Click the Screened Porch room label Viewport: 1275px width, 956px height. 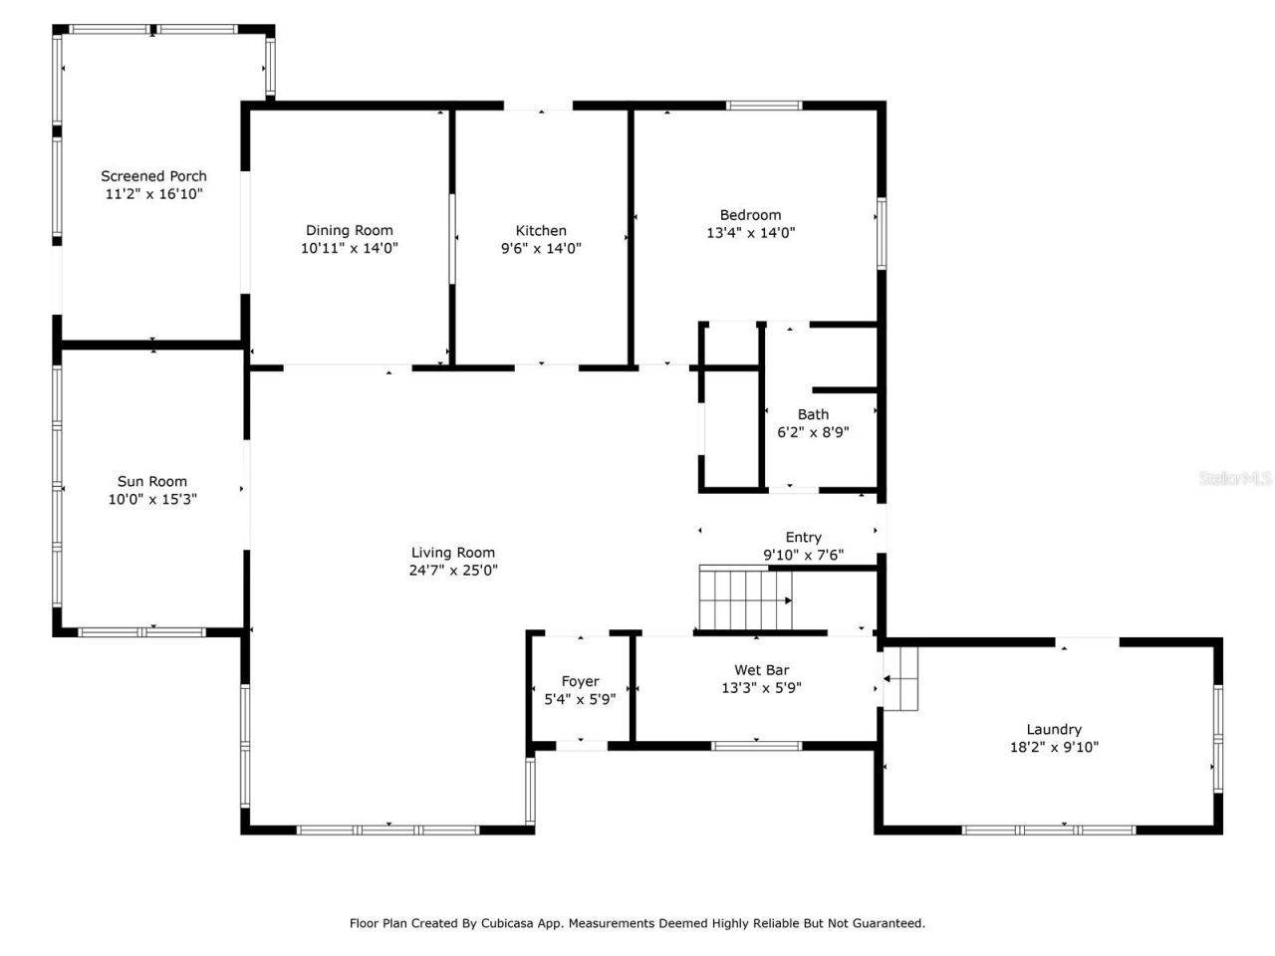click(153, 176)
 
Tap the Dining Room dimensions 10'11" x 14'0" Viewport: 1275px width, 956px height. click(350, 249)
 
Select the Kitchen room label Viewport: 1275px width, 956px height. click(541, 231)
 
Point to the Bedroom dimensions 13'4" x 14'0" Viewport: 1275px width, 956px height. click(750, 233)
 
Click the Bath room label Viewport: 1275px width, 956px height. click(813, 414)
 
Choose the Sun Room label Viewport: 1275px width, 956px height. click(152, 481)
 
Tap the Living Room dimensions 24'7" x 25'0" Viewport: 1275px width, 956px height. click(453, 571)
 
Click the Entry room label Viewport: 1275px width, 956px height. click(803, 537)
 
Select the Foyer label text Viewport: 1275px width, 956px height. click(580, 681)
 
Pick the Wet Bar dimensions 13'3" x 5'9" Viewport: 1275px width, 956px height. click(762, 688)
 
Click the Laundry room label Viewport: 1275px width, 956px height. click(1054, 729)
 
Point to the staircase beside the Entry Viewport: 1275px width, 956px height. click(746, 598)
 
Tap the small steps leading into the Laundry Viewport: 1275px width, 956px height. click(900, 679)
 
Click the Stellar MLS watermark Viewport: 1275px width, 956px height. click(1234, 479)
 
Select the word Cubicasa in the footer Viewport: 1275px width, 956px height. click(511, 923)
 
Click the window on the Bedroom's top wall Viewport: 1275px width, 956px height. click(764, 105)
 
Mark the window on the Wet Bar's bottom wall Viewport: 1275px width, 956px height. click(756, 745)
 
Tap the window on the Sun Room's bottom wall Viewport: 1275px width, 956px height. click(142, 632)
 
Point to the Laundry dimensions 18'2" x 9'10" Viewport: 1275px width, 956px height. click(1054, 747)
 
